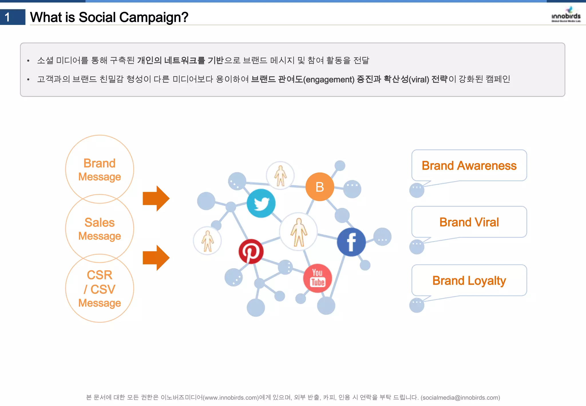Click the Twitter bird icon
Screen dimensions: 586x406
coord(261,203)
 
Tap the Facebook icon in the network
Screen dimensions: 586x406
coord(351,242)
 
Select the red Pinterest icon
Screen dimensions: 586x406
coord(251,251)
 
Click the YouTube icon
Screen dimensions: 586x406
coord(318,278)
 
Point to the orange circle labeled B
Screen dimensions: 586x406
coord(320,187)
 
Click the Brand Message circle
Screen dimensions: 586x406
coord(100,170)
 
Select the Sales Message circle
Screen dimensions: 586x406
coord(100,229)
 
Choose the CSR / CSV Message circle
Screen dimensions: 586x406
coord(100,288)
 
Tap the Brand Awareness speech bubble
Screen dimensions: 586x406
coord(469,165)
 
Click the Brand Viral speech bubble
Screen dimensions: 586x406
coord(469,222)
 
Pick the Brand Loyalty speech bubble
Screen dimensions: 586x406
coord(469,281)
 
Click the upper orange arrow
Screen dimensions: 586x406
coord(156,198)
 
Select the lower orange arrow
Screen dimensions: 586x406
coord(156,258)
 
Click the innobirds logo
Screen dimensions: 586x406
coord(566,15)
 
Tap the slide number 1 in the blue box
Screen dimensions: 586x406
coord(8,17)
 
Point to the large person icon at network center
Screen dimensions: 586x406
coord(298,232)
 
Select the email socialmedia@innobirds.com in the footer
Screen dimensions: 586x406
coord(460,397)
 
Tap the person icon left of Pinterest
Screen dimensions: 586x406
coord(207,241)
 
